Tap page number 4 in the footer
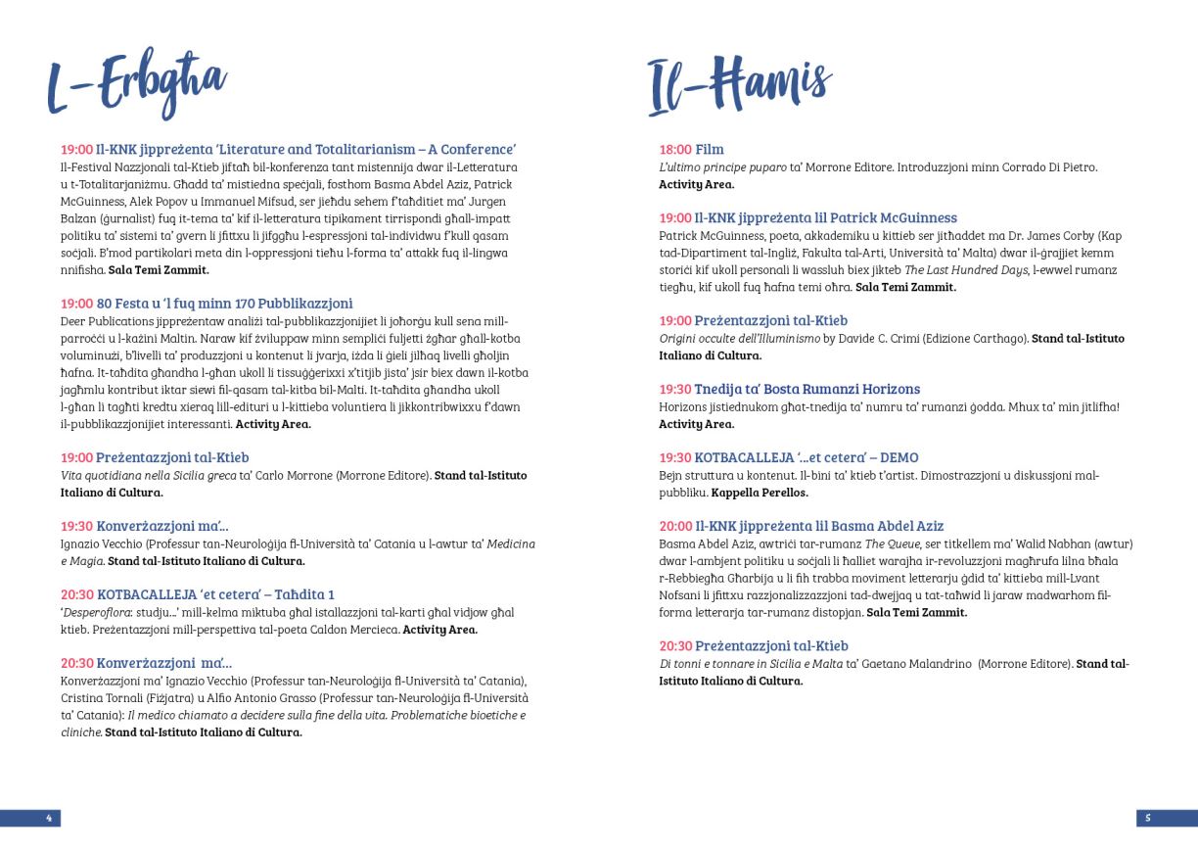coord(48,817)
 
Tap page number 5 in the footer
coord(1147,817)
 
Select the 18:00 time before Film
coord(674,150)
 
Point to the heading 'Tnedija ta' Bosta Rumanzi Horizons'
coord(806,389)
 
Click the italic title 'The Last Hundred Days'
coord(975,269)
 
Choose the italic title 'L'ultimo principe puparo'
coord(722,167)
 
